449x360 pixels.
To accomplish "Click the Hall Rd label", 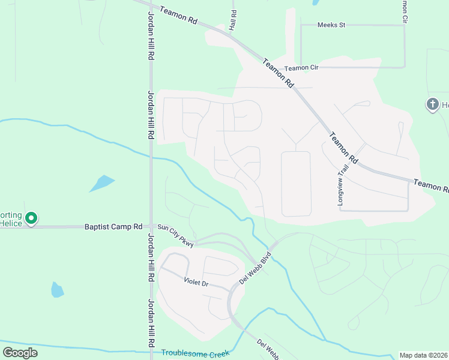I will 233,21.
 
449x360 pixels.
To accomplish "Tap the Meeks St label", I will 332,25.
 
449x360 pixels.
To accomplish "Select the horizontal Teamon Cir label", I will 301,68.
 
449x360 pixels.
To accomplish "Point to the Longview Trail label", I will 343,186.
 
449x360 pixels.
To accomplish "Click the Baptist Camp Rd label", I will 113,227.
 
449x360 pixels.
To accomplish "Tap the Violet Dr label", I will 196,281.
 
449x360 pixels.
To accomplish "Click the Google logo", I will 20,353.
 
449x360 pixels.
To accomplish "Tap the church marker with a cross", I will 432,105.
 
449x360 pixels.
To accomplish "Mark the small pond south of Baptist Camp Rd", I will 57,290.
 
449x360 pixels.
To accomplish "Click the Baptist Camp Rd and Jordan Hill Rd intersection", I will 150,227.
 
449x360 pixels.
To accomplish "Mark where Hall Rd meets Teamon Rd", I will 231,33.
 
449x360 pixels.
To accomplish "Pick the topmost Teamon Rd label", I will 179,15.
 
